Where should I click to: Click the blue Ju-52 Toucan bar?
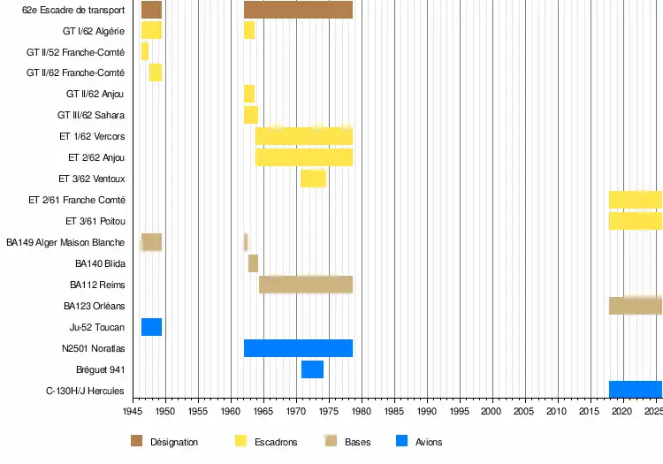point(151,327)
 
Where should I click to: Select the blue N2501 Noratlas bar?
point(298,348)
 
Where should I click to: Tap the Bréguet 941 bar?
point(312,369)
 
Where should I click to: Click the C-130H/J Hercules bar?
point(635,390)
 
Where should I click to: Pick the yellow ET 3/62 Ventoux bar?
point(313,179)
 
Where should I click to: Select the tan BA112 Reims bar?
point(306,285)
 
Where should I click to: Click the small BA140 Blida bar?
point(253,263)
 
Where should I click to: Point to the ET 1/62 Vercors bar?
point(304,136)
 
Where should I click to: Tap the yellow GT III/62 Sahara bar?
point(251,115)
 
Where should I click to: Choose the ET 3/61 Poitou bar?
point(635,221)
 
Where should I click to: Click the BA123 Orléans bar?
point(635,306)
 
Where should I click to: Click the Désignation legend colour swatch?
point(136,441)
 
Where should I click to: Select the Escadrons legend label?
point(276,442)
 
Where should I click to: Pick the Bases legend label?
point(357,442)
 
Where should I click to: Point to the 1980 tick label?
point(362,412)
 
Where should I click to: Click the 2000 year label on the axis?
point(492,412)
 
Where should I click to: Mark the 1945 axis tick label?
point(133,412)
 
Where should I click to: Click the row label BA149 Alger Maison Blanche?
point(65,242)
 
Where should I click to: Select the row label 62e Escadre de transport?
point(73,10)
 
